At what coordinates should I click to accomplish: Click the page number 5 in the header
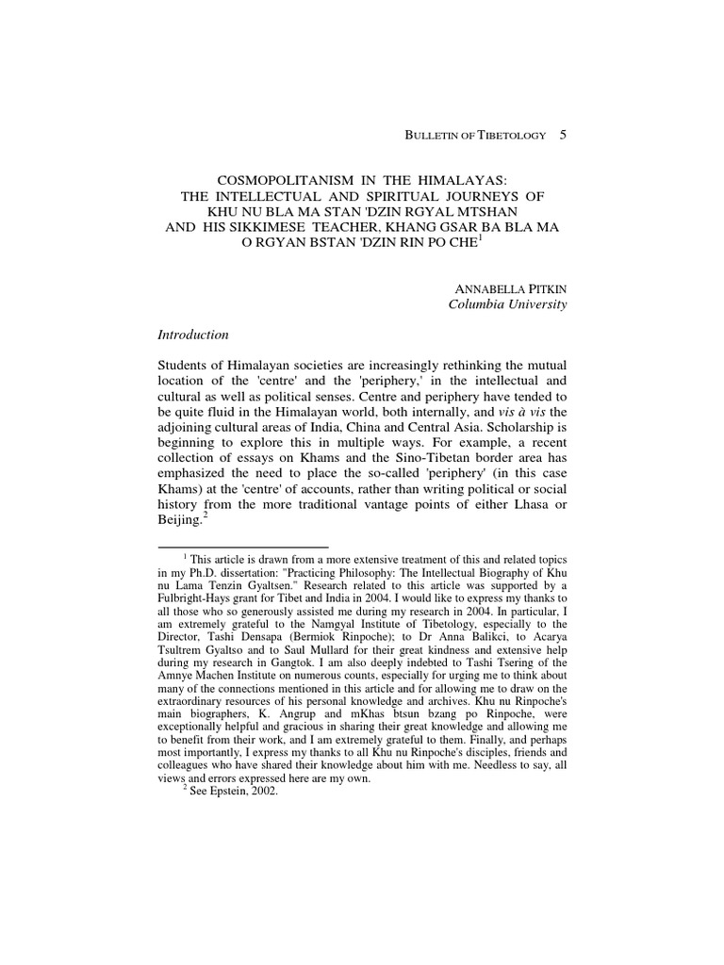click(x=563, y=136)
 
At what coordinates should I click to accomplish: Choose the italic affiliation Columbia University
click(x=507, y=304)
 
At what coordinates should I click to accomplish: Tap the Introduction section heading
click(x=195, y=335)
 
